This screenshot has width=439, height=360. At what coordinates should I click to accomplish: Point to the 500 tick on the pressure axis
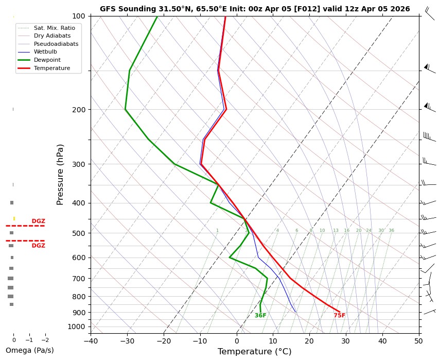pyautogui.click(x=81, y=233)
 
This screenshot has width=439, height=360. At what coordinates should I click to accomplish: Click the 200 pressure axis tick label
pyautogui.click(x=81, y=110)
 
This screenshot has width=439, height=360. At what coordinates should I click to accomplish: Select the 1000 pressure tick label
pyautogui.click(x=79, y=327)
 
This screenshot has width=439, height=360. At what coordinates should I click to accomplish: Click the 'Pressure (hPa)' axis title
pyautogui.click(x=60, y=174)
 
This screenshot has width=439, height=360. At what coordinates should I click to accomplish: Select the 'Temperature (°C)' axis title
pyautogui.click(x=254, y=352)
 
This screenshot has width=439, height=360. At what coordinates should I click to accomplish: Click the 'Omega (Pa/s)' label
pyautogui.click(x=29, y=351)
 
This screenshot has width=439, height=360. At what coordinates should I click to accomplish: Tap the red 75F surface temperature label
pyautogui.click(x=339, y=316)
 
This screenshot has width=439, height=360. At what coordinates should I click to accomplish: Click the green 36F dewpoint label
pyautogui.click(x=260, y=316)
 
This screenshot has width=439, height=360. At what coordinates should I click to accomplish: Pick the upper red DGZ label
pyautogui.click(x=39, y=221)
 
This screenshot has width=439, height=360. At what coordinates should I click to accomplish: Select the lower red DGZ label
pyautogui.click(x=39, y=246)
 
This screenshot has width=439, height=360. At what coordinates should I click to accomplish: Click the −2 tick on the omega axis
pyautogui.click(x=45, y=340)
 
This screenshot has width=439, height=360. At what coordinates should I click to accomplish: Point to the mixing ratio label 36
pyautogui.click(x=391, y=231)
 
